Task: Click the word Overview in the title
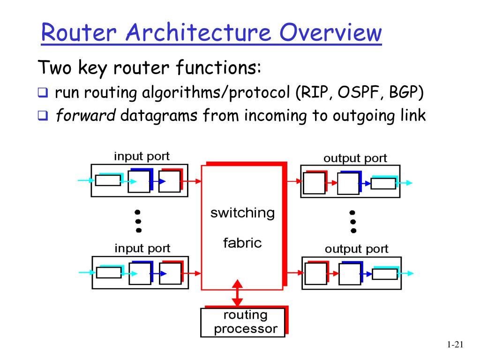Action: click(x=330, y=33)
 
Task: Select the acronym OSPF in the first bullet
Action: click(x=360, y=93)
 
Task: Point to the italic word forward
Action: click(x=85, y=115)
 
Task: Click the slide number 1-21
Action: click(x=455, y=345)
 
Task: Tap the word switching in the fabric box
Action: click(x=242, y=213)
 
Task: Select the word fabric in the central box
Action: click(x=242, y=243)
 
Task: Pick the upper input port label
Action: click(x=142, y=156)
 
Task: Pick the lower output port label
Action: click(x=356, y=249)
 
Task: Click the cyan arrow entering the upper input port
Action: click(x=84, y=180)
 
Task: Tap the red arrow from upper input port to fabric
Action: click(x=191, y=180)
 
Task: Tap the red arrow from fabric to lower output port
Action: click(x=292, y=272)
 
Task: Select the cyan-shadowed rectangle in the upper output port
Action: click(x=383, y=183)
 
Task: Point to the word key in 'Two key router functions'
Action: click(x=92, y=69)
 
